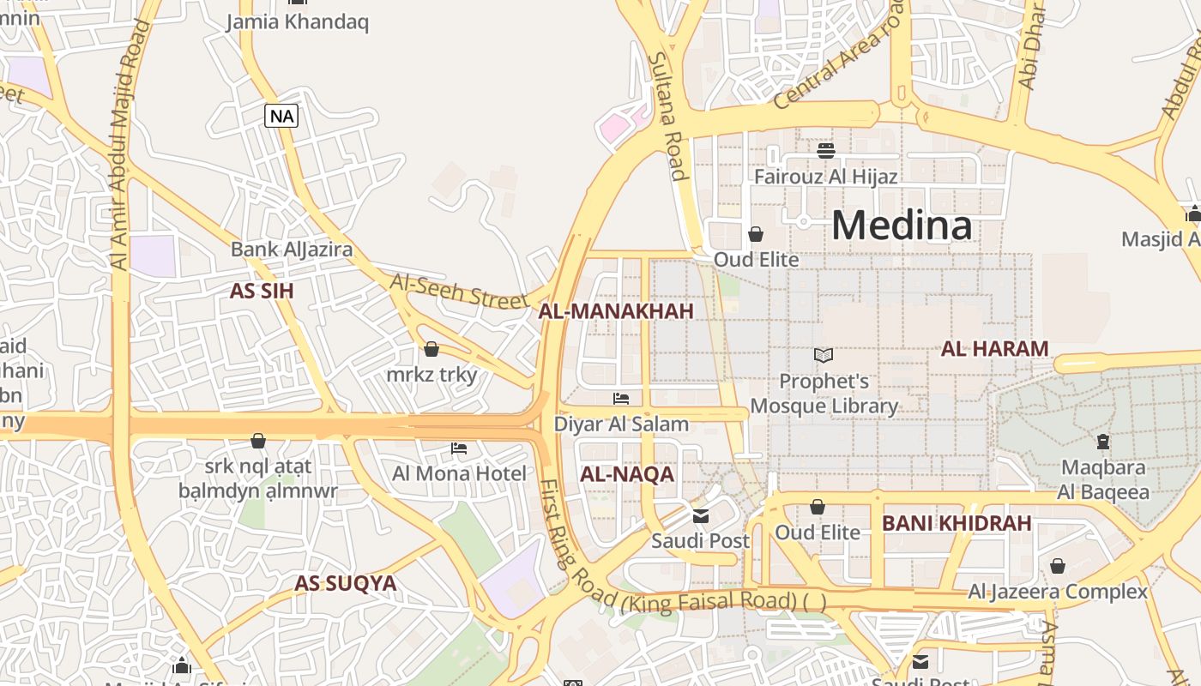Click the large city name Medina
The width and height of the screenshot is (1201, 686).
coord(901,226)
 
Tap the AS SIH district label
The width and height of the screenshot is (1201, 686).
coord(262,291)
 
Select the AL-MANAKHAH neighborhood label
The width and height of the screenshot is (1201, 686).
coord(615,311)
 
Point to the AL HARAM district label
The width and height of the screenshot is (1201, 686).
coord(994,349)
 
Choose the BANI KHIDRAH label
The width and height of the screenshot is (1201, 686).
coord(957,523)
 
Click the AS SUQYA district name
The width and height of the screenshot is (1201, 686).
coord(346,584)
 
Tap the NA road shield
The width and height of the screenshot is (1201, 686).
coord(281,116)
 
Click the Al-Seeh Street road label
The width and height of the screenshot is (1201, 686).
coord(459,291)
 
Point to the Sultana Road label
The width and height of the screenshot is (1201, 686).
coord(667,116)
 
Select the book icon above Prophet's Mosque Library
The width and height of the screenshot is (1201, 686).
coord(824,355)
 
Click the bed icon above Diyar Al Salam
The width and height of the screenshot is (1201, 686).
coord(621,399)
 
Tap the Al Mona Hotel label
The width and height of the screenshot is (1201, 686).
coord(459,473)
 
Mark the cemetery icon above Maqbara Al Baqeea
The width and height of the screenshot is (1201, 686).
coord(1103,442)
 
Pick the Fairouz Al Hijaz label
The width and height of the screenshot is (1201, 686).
coord(825,177)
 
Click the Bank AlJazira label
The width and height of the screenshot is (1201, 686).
coord(292,250)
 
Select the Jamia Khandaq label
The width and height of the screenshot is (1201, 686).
coord(297,21)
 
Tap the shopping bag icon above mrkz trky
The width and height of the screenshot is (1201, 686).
coord(432,349)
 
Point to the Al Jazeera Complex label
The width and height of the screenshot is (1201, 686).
coord(1057,592)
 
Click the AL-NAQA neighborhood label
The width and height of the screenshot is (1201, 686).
coord(627,474)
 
